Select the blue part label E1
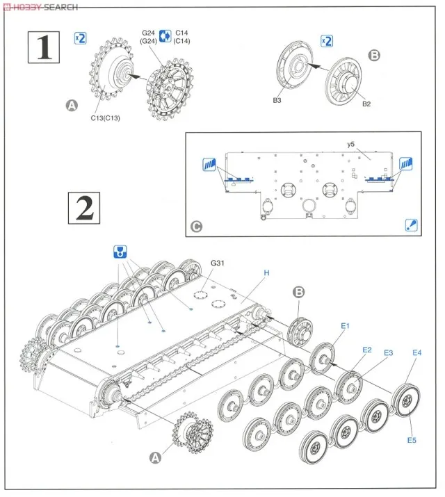coord(346,325)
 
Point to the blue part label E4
coord(416,353)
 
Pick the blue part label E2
coord(366,349)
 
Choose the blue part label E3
coord(388,353)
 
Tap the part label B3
coord(276,101)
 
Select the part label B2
coord(366,104)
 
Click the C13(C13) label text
coord(106,117)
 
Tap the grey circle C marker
coord(198,226)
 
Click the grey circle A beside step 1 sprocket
coord(70,106)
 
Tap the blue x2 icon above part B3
coord(326,40)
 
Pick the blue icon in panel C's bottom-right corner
coord(411,225)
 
